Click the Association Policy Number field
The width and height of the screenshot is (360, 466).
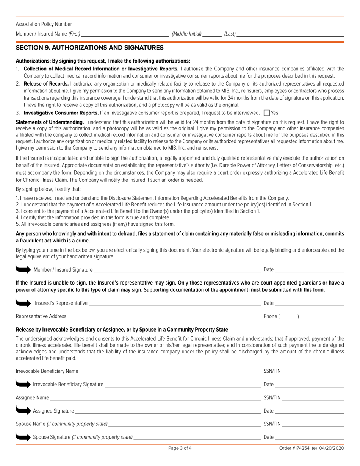[208, 24]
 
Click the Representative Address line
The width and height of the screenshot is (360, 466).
[164, 316]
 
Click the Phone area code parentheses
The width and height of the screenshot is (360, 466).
[289, 316]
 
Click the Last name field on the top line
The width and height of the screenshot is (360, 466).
[290, 34]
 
